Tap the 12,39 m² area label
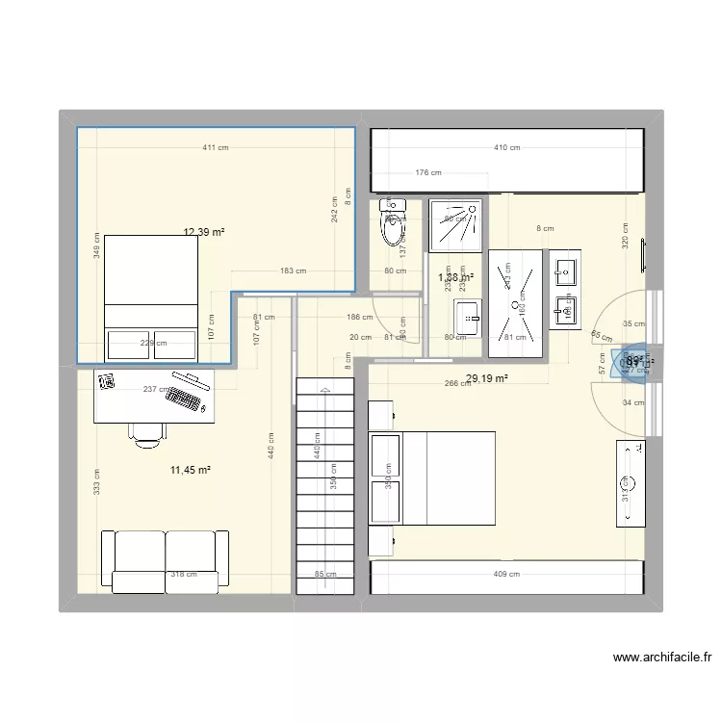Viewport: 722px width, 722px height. (x=204, y=232)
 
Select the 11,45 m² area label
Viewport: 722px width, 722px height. (x=190, y=470)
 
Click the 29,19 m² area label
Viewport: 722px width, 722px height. (x=486, y=378)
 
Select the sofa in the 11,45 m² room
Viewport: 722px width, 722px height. (x=166, y=560)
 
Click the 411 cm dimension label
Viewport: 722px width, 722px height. (x=216, y=148)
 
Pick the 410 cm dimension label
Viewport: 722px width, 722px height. (x=506, y=148)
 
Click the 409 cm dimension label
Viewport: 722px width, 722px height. (x=506, y=575)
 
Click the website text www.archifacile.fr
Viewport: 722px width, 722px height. (x=661, y=658)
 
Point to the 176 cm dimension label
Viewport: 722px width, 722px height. (x=428, y=173)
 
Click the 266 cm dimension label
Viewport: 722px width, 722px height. (x=457, y=382)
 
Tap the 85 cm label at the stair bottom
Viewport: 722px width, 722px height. (x=325, y=575)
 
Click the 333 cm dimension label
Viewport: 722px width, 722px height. (x=96, y=481)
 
